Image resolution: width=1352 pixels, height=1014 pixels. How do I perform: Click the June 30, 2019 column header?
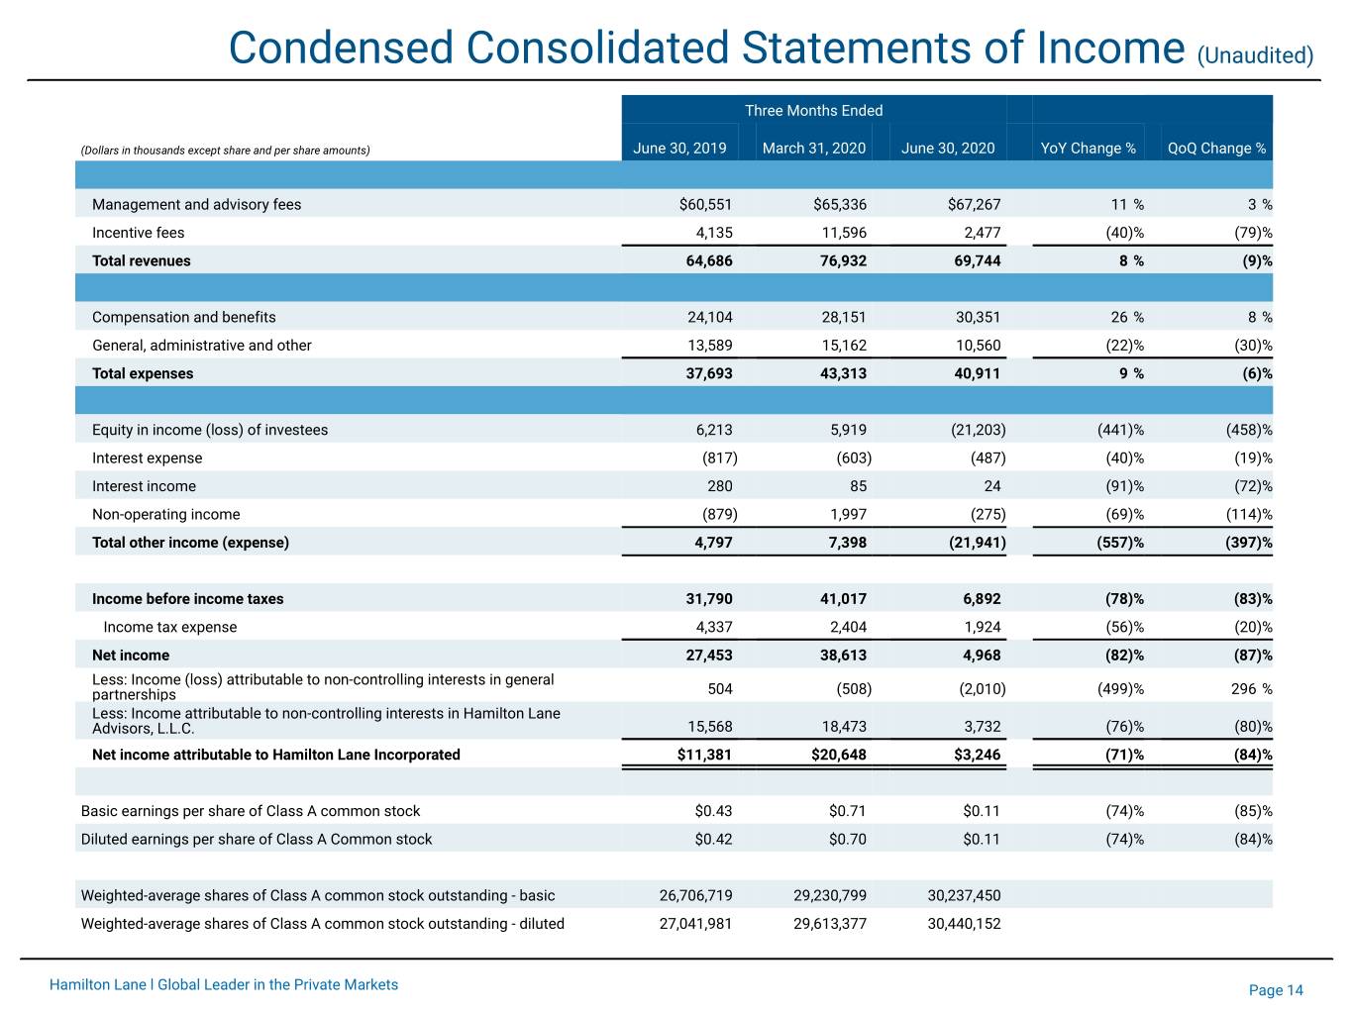click(x=679, y=149)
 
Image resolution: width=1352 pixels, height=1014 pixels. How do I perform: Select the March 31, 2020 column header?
click(x=813, y=149)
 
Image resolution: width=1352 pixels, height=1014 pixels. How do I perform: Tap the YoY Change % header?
click(x=1088, y=149)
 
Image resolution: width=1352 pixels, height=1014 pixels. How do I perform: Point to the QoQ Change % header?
click(x=1216, y=149)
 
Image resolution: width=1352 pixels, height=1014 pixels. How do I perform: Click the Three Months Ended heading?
click(x=813, y=111)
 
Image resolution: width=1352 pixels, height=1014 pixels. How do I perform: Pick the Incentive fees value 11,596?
click(x=844, y=233)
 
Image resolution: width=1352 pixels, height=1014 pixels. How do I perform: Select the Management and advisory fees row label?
click(x=196, y=204)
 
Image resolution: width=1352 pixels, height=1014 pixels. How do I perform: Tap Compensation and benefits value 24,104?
click(x=709, y=317)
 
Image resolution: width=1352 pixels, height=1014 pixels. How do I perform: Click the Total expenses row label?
click(x=143, y=373)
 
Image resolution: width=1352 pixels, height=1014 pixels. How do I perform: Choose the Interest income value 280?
click(x=719, y=486)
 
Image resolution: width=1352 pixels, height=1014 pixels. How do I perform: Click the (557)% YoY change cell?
click(x=1120, y=543)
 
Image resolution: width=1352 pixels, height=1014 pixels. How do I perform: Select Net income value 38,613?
click(x=843, y=656)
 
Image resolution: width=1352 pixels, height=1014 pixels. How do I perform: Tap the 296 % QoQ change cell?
click(x=1251, y=689)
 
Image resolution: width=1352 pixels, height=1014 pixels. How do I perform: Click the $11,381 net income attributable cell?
click(x=704, y=755)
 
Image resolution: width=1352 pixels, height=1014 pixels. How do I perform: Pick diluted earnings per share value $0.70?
click(x=847, y=839)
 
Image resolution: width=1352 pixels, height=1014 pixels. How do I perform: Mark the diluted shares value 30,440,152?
click(x=964, y=924)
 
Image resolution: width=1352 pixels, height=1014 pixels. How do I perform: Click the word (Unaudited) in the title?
click(x=1255, y=55)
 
